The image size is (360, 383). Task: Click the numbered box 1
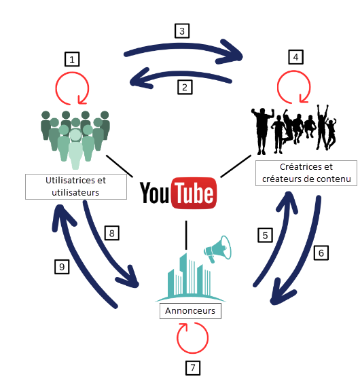click(x=72, y=59)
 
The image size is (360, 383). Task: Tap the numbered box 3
click(x=182, y=31)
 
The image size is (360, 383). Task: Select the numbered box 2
click(x=185, y=87)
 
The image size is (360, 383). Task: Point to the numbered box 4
click(x=296, y=57)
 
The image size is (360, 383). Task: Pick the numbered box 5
click(x=265, y=235)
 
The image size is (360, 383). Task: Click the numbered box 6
click(x=321, y=253)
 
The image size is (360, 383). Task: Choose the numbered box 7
click(x=193, y=368)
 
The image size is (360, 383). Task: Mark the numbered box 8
click(x=112, y=233)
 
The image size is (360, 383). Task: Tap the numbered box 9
click(x=62, y=266)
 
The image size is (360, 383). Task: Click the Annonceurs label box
click(x=190, y=311)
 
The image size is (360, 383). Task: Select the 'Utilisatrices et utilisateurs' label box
click(x=76, y=187)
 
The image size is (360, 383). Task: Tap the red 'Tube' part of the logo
click(x=194, y=194)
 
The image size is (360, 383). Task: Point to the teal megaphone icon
click(x=218, y=249)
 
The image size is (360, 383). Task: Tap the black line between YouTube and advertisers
click(x=186, y=235)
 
